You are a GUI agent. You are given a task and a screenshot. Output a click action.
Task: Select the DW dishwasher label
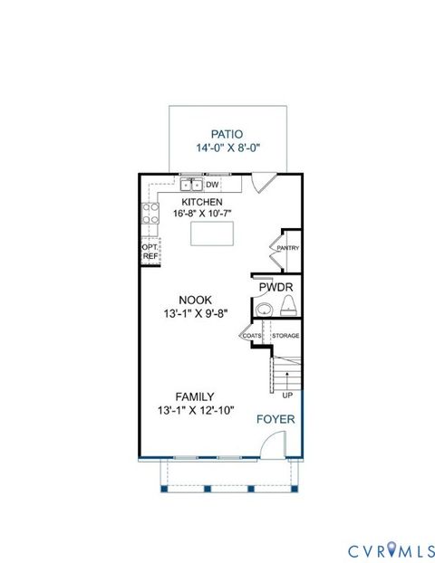point(214,185)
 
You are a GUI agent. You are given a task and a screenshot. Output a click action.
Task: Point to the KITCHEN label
point(202,202)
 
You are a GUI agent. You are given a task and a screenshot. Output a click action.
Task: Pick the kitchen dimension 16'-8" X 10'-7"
point(202,215)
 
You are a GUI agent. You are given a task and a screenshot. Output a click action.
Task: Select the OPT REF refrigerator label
point(150,251)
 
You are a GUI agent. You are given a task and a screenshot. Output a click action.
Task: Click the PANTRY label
point(288,248)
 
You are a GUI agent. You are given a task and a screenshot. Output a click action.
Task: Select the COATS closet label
point(251,336)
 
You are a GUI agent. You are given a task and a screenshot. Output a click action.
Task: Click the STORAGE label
point(285,336)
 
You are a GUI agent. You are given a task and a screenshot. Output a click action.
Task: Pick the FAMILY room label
point(195,396)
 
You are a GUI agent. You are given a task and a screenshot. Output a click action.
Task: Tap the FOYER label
point(275,419)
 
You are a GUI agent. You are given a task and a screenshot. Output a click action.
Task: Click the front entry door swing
point(272,444)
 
